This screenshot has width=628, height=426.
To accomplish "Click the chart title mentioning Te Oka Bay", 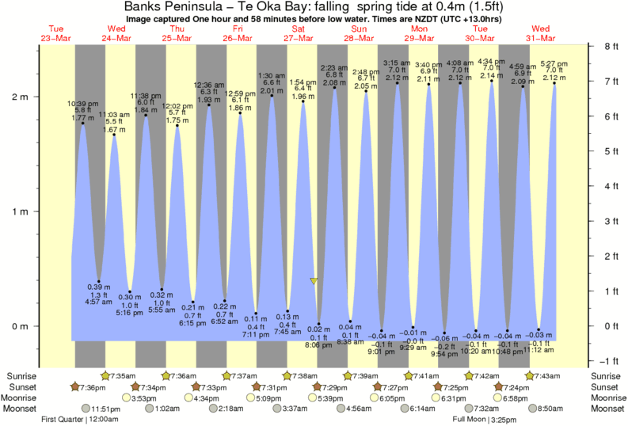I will coord(314,6).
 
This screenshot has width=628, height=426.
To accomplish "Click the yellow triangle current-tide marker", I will coord(314,281).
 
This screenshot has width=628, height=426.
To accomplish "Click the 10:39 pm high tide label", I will coord(82,105).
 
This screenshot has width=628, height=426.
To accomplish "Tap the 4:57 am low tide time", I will coord(98,302).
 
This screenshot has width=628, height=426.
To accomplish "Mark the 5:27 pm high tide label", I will coord(554,63).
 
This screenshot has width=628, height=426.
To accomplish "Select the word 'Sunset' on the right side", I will coord(607,386).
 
